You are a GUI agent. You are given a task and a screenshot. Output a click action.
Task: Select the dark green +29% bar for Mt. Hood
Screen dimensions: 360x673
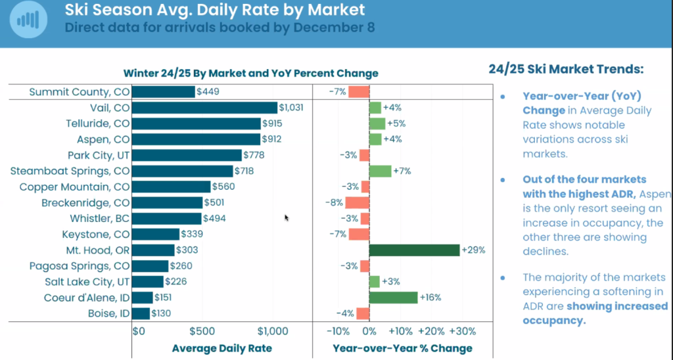414,250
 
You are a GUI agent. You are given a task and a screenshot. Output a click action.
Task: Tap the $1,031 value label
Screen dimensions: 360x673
291,108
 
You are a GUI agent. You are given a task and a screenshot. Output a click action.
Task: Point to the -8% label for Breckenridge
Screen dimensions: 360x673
335,203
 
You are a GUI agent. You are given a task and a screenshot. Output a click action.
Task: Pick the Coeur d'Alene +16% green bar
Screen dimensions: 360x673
393,298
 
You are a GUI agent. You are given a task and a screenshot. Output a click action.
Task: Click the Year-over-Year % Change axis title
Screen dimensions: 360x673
402,348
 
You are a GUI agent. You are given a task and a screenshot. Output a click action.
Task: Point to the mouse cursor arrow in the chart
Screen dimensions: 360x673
287,217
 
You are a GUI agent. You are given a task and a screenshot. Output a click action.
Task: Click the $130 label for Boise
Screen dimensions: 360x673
162,313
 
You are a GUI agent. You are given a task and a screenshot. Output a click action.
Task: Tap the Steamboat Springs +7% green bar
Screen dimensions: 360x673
380,171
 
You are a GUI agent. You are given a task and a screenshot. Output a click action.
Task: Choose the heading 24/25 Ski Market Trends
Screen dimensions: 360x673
566,69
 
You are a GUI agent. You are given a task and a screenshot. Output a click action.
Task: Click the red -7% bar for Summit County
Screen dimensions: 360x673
359,92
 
